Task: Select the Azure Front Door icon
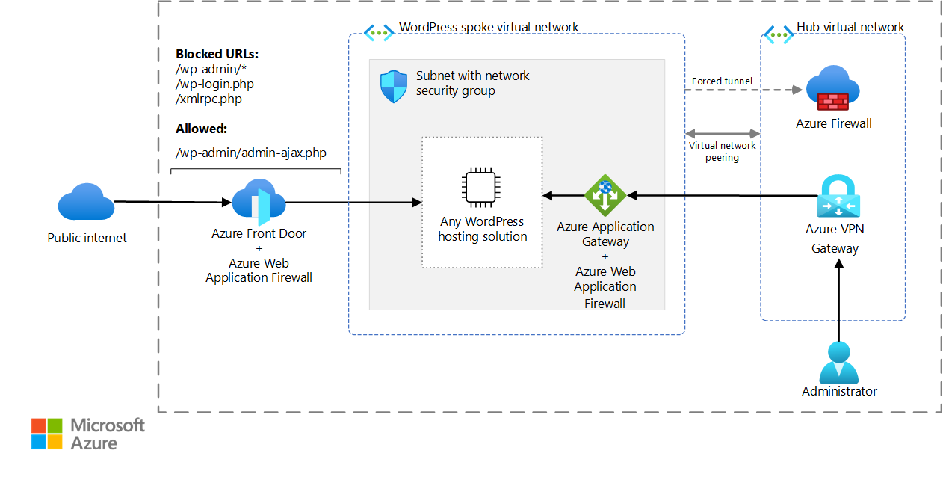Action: (259, 202)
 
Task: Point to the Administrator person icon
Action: (839, 362)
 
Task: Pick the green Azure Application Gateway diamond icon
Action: (605, 195)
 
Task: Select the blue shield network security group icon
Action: (393, 86)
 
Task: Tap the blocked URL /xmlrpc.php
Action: (208, 99)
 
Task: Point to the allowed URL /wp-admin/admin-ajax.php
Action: (251, 153)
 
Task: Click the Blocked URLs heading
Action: (217, 54)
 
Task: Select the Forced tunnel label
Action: (722, 81)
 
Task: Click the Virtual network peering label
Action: (723, 152)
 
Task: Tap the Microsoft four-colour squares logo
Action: (47, 434)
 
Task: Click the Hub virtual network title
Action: (850, 27)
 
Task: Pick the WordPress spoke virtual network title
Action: (489, 27)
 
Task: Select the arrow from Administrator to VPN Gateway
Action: (839, 299)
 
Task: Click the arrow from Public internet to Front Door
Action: (172, 202)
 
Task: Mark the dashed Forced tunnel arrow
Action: (743, 90)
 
